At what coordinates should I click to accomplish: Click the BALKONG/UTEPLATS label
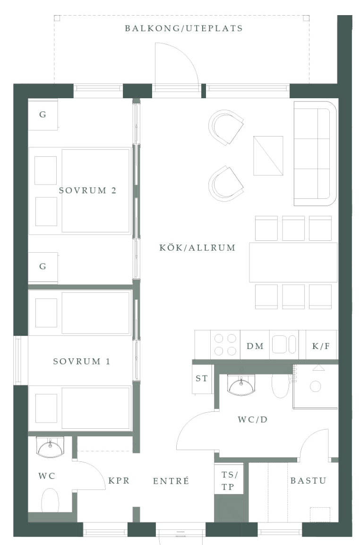click(184, 28)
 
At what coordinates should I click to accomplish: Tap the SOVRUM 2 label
click(88, 190)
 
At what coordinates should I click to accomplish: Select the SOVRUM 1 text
click(82, 361)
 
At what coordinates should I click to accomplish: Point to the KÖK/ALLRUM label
click(197, 247)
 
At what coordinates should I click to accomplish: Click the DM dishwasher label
click(255, 346)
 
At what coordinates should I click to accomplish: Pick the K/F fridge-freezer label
click(321, 346)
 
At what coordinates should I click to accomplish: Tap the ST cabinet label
click(202, 378)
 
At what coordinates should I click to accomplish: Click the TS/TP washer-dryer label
click(229, 481)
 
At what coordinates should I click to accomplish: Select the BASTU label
click(308, 480)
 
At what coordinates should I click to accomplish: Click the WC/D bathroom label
click(253, 419)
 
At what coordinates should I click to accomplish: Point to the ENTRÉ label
click(171, 481)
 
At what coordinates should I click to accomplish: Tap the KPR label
click(119, 481)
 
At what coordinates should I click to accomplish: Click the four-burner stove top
click(225, 344)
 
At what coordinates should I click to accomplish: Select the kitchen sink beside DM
click(284, 344)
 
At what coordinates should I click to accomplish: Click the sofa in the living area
click(315, 153)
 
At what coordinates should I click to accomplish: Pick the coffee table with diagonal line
click(268, 156)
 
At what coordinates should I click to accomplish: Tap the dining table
click(293, 262)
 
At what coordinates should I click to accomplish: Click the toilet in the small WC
click(50, 500)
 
